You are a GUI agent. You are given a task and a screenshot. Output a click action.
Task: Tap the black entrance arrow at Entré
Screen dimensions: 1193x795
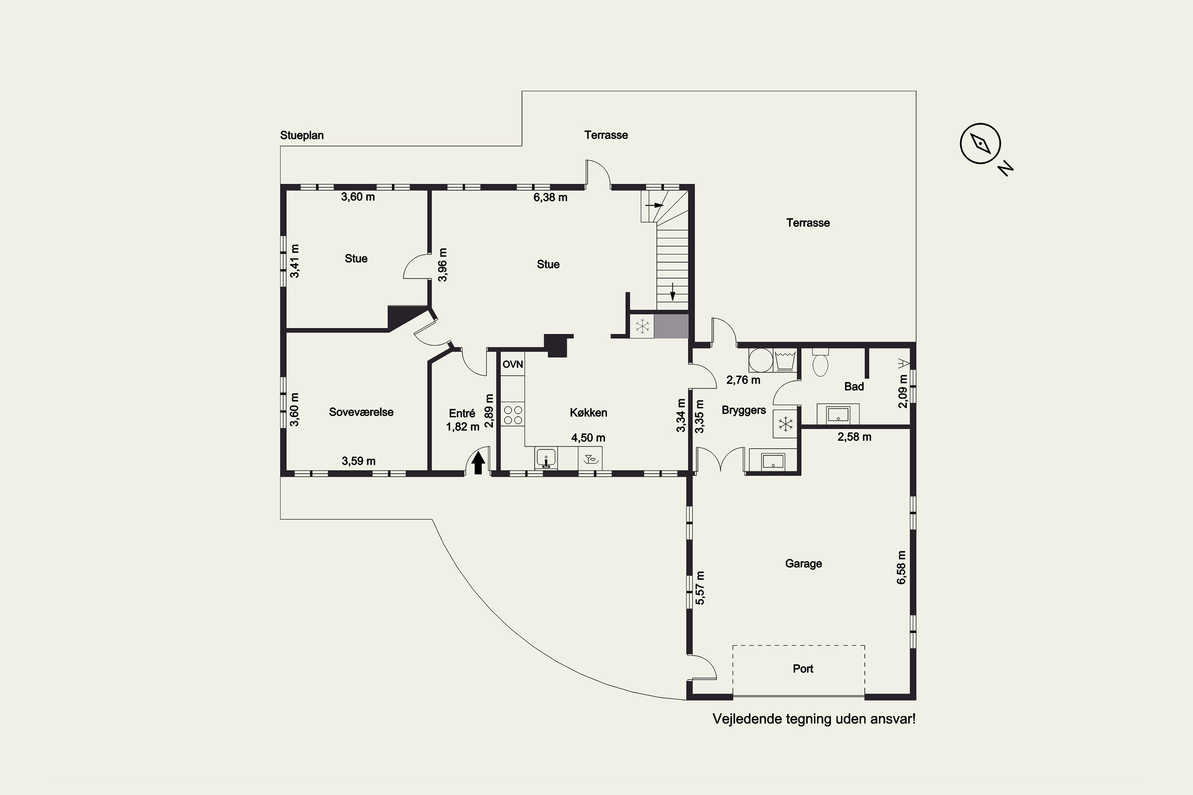click(478, 462)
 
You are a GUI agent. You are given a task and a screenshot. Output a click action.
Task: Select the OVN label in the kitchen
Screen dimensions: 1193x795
click(513, 364)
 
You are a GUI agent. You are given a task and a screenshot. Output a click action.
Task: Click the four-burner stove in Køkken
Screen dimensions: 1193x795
click(513, 415)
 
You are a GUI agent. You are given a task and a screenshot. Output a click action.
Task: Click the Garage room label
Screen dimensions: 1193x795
click(803, 563)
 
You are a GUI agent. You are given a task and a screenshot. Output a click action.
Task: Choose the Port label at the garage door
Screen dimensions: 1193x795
click(803, 669)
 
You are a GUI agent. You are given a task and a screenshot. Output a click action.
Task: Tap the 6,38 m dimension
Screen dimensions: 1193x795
click(550, 197)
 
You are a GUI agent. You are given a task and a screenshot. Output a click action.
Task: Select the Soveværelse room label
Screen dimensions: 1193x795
click(361, 412)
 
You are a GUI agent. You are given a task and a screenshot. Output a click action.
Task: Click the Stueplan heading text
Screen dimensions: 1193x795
click(302, 136)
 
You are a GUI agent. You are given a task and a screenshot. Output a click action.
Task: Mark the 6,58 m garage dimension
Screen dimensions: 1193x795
click(902, 567)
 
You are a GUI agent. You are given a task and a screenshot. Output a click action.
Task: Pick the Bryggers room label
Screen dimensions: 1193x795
click(744, 410)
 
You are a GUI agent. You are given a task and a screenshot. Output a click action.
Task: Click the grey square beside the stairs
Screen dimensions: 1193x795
click(671, 326)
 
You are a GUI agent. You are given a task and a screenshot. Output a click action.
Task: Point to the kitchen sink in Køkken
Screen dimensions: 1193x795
click(546, 458)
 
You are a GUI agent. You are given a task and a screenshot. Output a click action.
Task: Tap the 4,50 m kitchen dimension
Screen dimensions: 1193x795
click(589, 438)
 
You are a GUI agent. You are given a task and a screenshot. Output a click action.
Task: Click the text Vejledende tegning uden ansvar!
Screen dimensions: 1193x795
click(814, 719)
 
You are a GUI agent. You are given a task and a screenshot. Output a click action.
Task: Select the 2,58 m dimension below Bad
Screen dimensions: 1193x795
click(855, 437)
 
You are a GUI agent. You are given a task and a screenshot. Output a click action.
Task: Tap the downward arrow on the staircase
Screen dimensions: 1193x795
click(672, 291)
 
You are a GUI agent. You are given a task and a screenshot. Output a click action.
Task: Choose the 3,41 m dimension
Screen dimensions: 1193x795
click(295, 261)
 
